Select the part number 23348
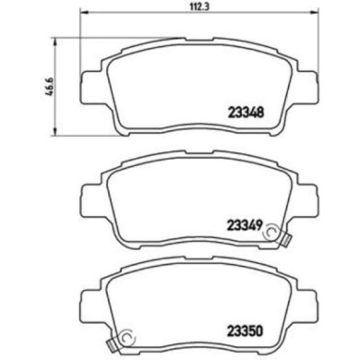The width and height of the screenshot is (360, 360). (246, 114)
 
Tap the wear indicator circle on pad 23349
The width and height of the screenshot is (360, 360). (272, 235)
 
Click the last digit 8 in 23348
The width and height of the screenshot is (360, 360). (262, 114)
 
